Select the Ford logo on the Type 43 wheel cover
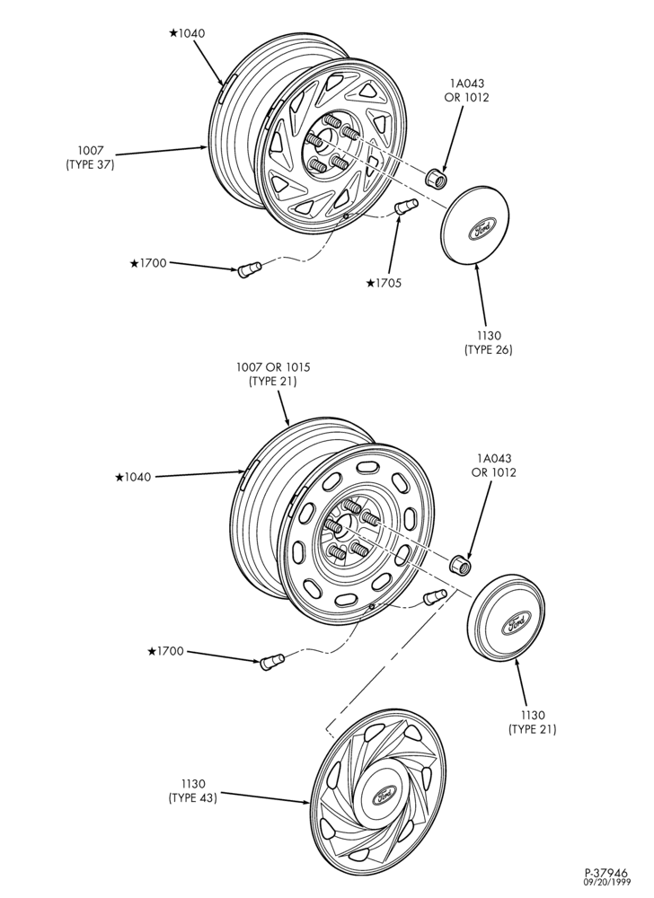(384, 796)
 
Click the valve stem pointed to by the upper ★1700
(249, 269)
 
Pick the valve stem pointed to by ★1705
(407, 206)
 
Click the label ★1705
(384, 283)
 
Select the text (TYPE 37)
(91, 164)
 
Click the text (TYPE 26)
(489, 349)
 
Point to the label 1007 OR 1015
(273, 366)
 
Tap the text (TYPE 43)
(193, 797)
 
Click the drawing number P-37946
(606, 874)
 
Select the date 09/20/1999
(606, 884)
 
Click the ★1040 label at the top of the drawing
(187, 33)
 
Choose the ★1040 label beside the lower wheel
(133, 477)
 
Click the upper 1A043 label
(467, 84)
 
